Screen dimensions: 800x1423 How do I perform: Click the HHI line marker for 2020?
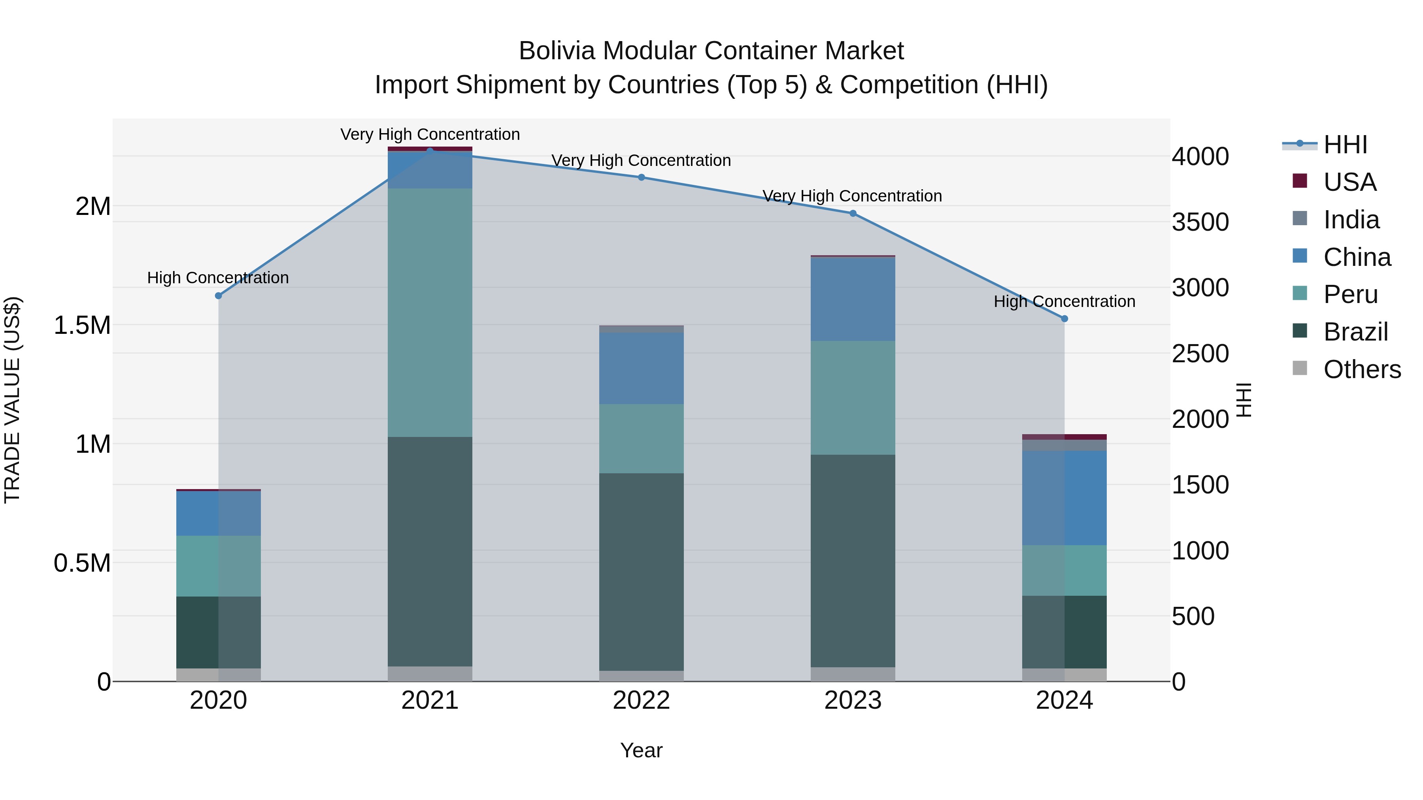(x=218, y=296)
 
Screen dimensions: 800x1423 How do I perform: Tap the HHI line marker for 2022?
(x=642, y=177)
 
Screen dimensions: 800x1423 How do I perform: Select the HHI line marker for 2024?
(x=1064, y=318)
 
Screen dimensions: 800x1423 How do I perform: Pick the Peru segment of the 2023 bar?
(x=853, y=397)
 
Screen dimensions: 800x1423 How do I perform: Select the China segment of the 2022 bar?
(x=642, y=368)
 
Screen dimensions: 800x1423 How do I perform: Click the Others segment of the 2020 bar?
(x=218, y=675)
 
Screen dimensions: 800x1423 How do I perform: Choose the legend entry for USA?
(x=1349, y=182)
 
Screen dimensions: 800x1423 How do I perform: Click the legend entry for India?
(x=1351, y=220)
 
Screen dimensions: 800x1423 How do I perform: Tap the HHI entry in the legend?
(x=1345, y=145)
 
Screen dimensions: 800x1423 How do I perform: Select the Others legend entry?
(x=1362, y=369)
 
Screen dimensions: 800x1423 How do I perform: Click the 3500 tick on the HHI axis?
(x=1200, y=222)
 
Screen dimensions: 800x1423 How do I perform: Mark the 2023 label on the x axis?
(x=853, y=700)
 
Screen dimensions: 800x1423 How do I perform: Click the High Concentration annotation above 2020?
(x=218, y=278)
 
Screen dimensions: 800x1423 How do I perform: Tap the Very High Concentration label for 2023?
(x=852, y=196)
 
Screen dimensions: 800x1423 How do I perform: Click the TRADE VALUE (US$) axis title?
(x=12, y=400)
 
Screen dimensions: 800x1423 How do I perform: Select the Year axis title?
(x=642, y=750)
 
